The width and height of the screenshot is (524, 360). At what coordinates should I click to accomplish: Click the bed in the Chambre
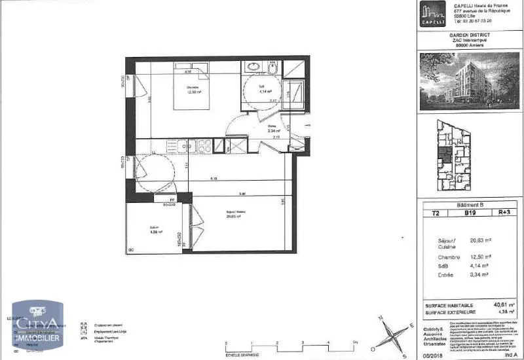pyautogui.click(x=192, y=88)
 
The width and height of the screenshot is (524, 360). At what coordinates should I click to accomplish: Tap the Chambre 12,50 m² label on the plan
pyautogui.click(x=193, y=90)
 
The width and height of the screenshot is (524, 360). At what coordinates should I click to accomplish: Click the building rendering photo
pyautogui.click(x=470, y=81)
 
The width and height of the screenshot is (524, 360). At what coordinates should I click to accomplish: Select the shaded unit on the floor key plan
pyautogui.click(x=445, y=156)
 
